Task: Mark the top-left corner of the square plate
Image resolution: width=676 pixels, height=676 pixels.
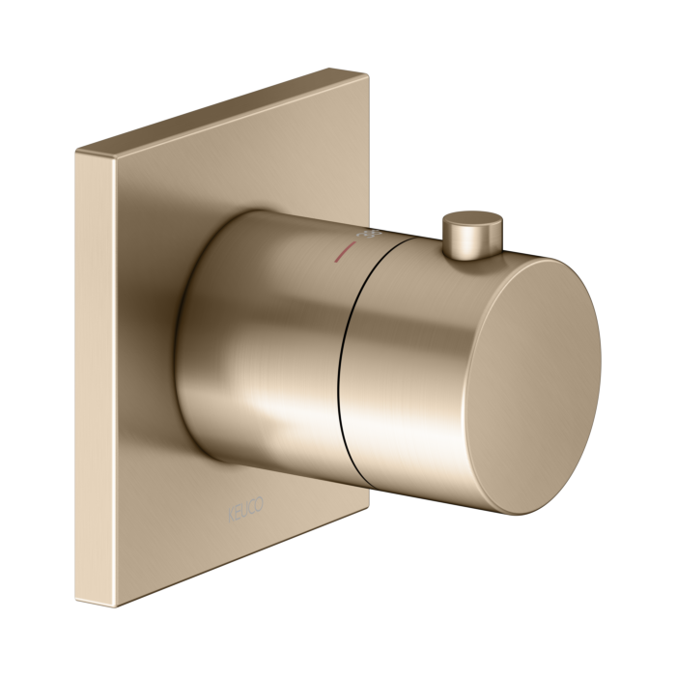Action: pyautogui.click(x=78, y=153)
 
